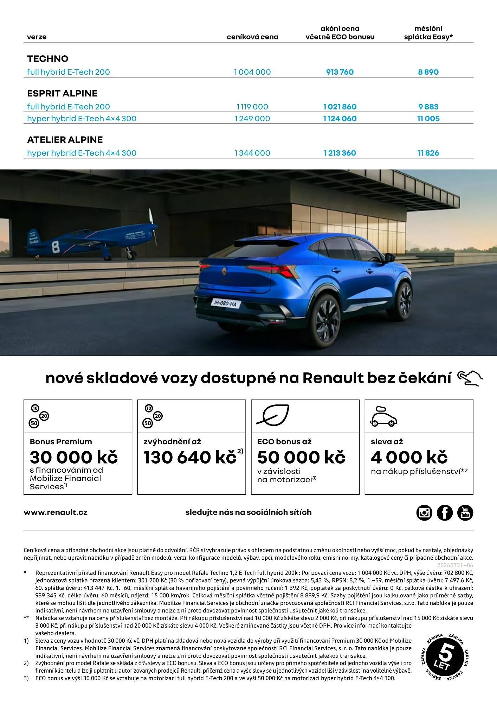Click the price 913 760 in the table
(x=340, y=72)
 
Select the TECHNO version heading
(x=48, y=59)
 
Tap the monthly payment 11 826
(x=428, y=153)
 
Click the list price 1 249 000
(x=252, y=119)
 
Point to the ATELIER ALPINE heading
(x=65, y=140)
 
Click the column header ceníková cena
(x=252, y=37)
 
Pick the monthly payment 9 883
(x=428, y=107)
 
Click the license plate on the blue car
(x=225, y=303)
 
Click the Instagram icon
(x=424, y=513)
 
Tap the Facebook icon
(x=445, y=513)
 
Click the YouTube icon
(x=465, y=513)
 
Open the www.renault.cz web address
(x=56, y=513)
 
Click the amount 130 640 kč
(x=190, y=457)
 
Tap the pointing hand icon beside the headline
(x=470, y=378)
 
